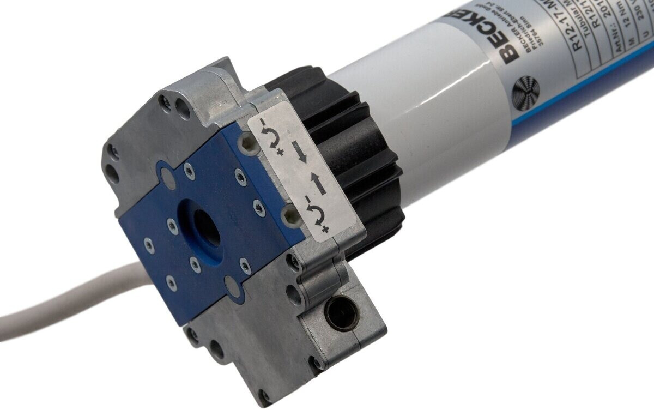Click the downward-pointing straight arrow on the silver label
click(301, 152)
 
